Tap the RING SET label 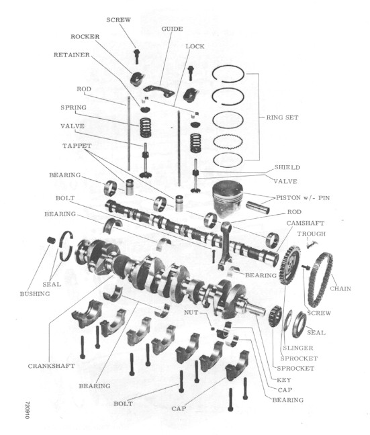click(282, 117)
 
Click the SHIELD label click(287, 168)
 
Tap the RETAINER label click(68, 55)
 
